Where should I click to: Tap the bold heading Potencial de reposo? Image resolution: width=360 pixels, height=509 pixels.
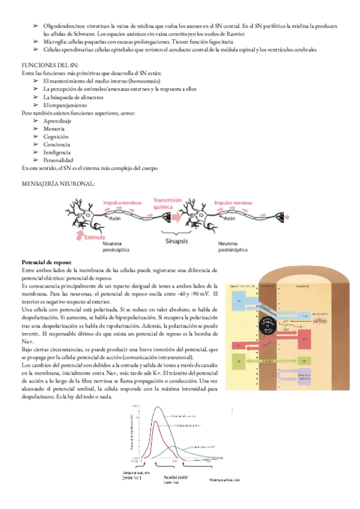(x=46, y=262)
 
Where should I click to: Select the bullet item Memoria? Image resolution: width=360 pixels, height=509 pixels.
(x=55, y=128)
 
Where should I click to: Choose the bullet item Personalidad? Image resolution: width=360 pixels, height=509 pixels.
(x=58, y=160)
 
